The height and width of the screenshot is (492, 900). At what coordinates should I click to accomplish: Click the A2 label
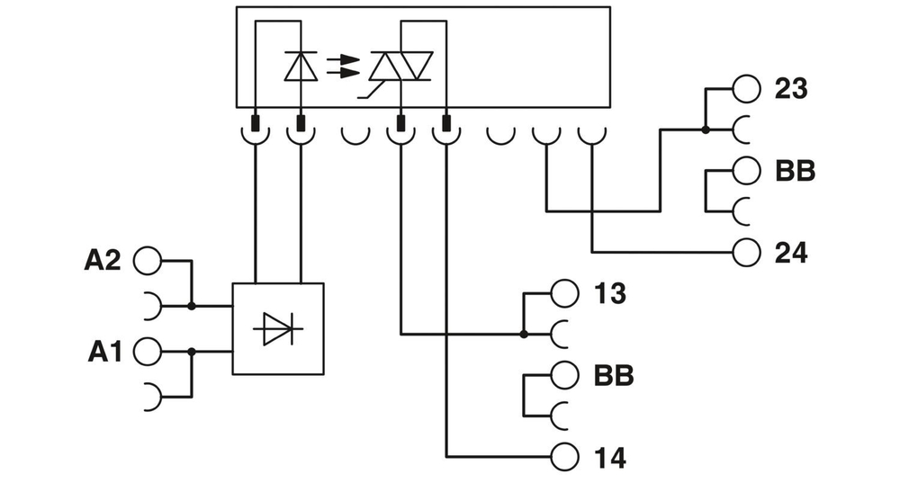(x=103, y=261)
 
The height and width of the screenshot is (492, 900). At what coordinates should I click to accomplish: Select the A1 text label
(x=104, y=352)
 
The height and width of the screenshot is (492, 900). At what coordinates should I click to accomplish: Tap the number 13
(x=610, y=293)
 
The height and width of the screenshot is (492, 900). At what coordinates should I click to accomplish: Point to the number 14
(x=610, y=457)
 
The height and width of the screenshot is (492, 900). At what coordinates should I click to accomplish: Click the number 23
(x=790, y=89)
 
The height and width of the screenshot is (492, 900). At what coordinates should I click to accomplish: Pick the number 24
(x=791, y=253)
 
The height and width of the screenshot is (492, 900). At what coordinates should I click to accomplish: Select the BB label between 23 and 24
(x=794, y=171)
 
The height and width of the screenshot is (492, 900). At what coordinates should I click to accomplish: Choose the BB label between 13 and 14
(x=613, y=375)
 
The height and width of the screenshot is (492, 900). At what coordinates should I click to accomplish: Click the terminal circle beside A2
(x=147, y=261)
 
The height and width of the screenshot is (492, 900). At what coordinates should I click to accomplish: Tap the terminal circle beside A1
(x=147, y=352)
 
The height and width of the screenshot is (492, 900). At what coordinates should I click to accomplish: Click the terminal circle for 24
(x=746, y=253)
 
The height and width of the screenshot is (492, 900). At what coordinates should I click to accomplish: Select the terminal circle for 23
(x=746, y=89)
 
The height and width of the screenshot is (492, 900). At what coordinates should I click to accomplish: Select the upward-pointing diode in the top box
(x=300, y=66)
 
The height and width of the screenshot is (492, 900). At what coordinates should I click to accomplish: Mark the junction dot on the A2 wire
(x=192, y=306)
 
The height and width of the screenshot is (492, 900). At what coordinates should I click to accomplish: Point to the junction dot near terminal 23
(x=705, y=130)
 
